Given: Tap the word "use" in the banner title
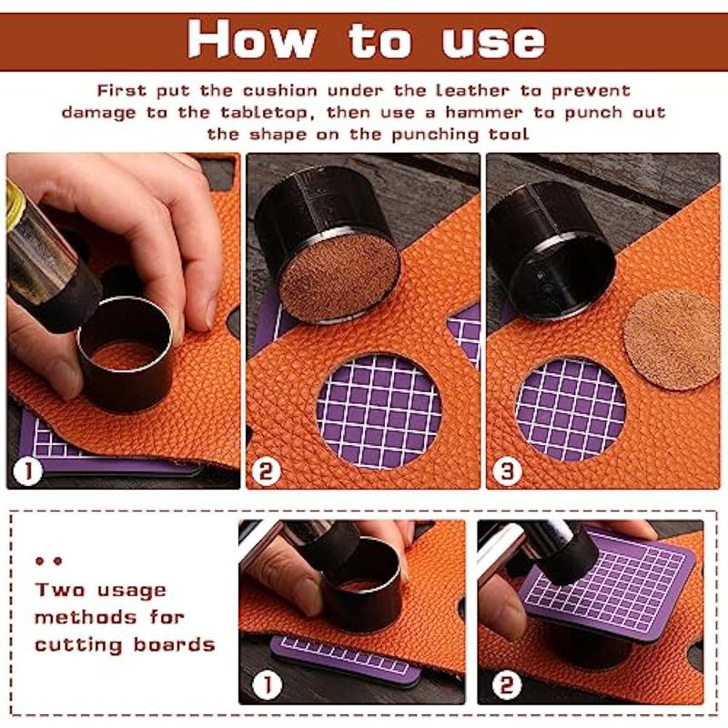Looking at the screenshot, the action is (493, 42).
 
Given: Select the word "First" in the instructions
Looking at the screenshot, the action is (122, 90).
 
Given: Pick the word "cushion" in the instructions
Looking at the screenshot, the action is (280, 90).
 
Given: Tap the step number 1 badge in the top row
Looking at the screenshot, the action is (28, 470).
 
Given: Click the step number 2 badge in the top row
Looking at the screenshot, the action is (266, 471).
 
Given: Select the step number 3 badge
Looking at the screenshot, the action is (507, 471).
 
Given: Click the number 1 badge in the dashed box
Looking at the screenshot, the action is (267, 684).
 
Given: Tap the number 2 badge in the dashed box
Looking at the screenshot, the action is (507, 684).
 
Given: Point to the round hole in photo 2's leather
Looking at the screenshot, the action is (379, 411).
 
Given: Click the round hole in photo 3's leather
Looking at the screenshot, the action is (571, 409).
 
